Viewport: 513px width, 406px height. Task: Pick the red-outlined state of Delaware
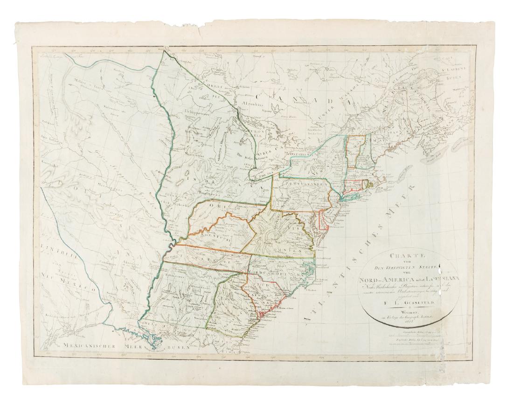click(x=322, y=219)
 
